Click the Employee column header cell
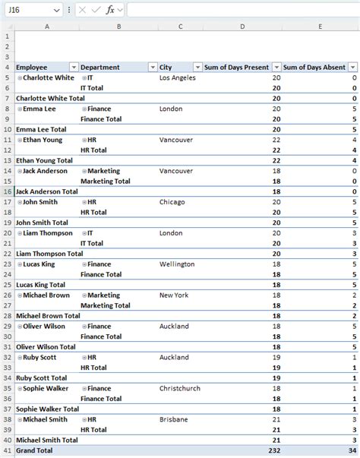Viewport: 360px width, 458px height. pyautogui.click(x=32, y=67)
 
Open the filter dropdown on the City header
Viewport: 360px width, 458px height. pyautogui.click(x=197, y=67)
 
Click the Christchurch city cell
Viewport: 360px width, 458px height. pyautogui.click(x=180, y=389)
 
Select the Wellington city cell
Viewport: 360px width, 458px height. pyautogui.click(x=177, y=264)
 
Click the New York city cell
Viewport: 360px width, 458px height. pyautogui.click(x=174, y=295)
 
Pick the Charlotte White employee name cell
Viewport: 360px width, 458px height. pyautogui.click(x=49, y=77)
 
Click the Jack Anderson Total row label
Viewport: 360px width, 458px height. pyautogui.click(x=48, y=191)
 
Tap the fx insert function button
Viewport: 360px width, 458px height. pyautogui.click(x=110, y=10)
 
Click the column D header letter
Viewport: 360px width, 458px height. pyautogui.click(x=242, y=27)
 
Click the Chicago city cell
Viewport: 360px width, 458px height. pyautogui.click(x=172, y=202)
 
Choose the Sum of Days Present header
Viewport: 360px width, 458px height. pyautogui.click(x=237, y=67)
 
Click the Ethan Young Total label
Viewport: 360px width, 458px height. pyautogui.click(x=44, y=160)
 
